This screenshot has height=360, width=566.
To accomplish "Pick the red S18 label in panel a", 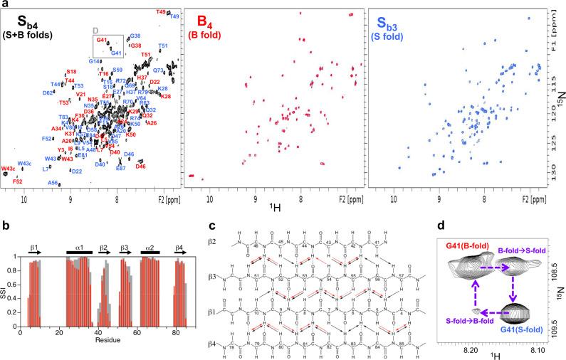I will point(71,72).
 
